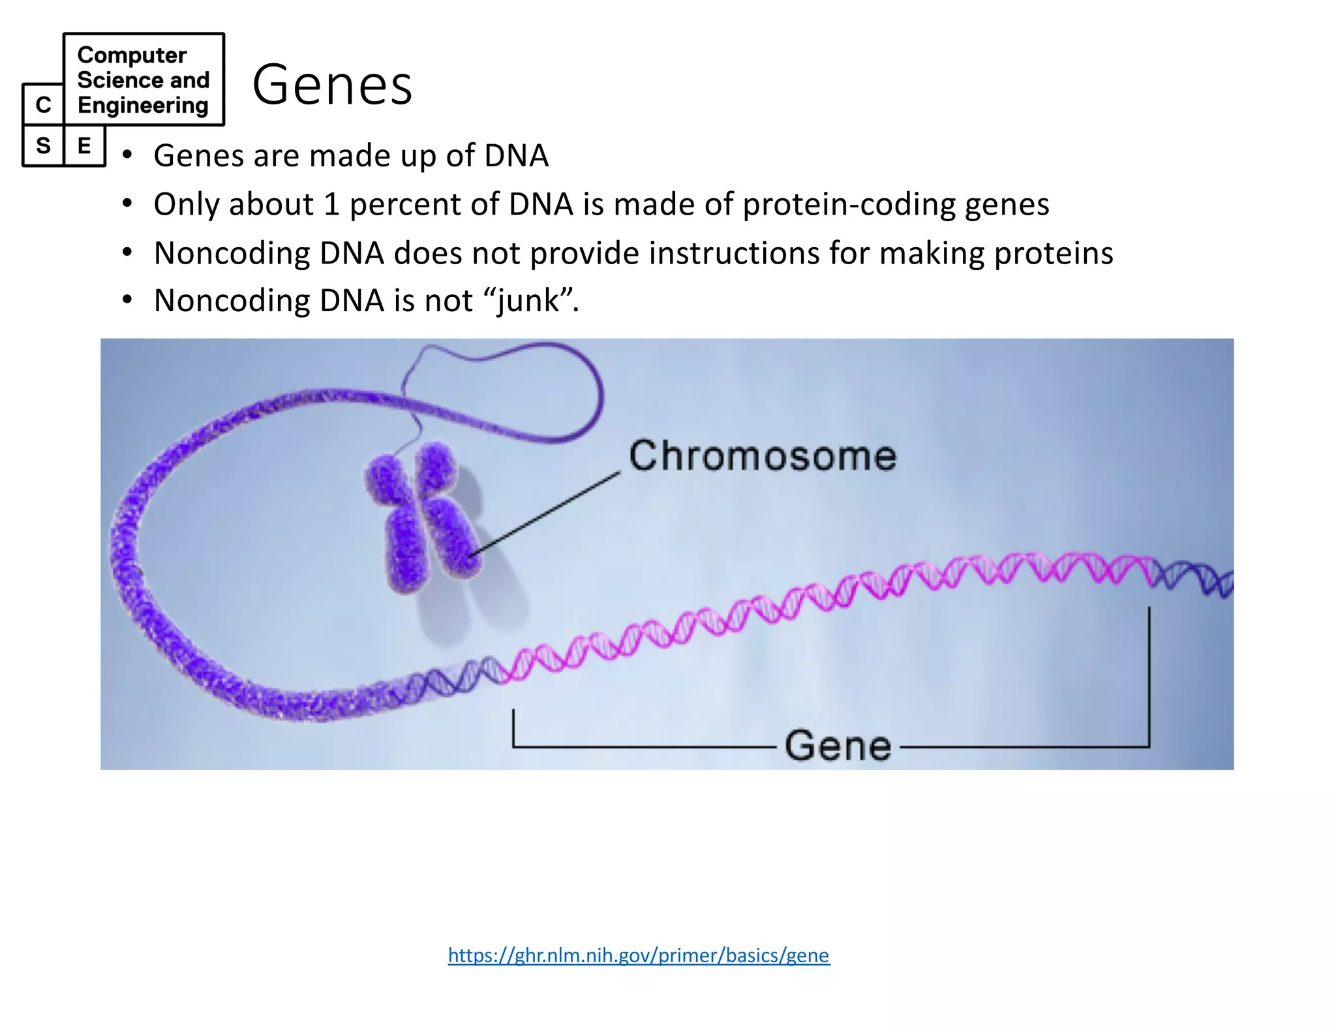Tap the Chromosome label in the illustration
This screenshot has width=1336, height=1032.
pos(762,455)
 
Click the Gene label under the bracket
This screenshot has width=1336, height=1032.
pos(838,746)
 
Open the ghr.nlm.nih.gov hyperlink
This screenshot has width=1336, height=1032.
pos(639,955)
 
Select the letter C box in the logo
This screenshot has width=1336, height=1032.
pos(43,104)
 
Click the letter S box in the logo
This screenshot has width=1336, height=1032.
pos(43,145)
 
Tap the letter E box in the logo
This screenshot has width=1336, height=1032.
pos(84,145)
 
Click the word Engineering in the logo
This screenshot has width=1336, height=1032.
pos(143,105)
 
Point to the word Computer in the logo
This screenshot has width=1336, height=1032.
pos(132,55)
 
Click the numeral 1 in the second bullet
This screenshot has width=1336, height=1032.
pos(331,204)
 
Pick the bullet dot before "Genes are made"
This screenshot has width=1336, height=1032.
pos(127,155)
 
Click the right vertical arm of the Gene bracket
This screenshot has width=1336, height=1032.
pos(1149,678)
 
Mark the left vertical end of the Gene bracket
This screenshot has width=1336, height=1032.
pos(514,727)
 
